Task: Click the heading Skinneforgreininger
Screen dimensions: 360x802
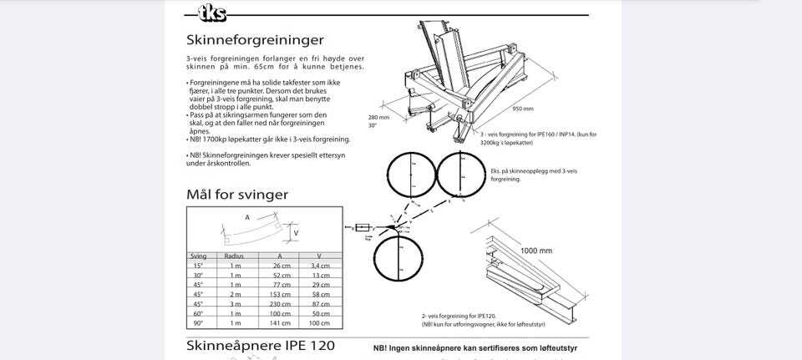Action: point(255,39)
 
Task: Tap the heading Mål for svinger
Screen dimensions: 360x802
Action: point(237,195)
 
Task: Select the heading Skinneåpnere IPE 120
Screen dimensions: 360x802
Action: point(261,345)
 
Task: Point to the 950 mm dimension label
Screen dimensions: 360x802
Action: point(523,109)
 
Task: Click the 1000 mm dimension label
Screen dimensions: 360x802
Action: point(536,250)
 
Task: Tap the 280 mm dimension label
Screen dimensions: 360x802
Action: point(378,117)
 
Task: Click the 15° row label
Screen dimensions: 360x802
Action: point(199,266)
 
